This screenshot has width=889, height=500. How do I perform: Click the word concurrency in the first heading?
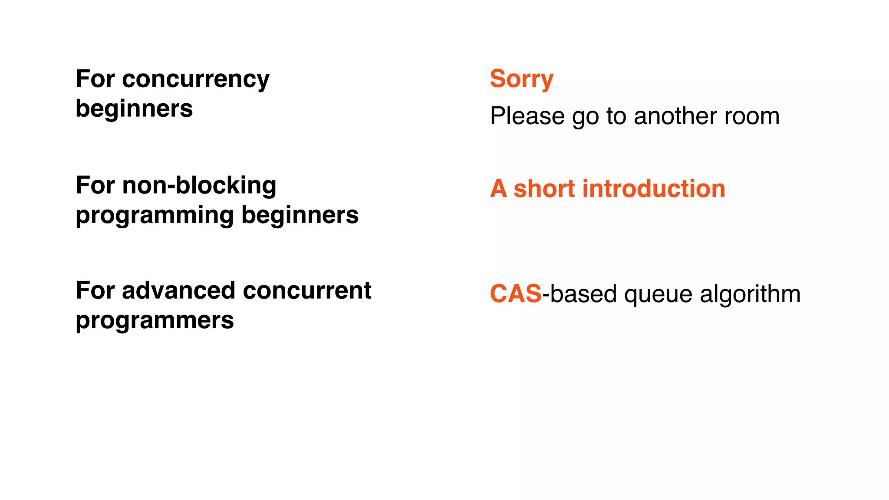tap(196, 80)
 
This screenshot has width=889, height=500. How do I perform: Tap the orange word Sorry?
tap(521, 79)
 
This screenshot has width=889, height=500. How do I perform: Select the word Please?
tap(527, 116)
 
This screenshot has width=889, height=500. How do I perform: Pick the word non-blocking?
tap(199, 186)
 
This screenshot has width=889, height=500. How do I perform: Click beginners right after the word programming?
tap(300, 215)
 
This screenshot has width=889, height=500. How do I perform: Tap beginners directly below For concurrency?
tap(134, 109)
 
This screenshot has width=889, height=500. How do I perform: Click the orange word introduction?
tap(654, 189)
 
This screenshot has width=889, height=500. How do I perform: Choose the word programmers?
tap(155, 321)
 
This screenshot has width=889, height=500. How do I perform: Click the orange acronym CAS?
tap(516, 294)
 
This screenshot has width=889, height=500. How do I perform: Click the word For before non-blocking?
tap(95, 186)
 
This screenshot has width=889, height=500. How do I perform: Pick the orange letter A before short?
tap(498, 189)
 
